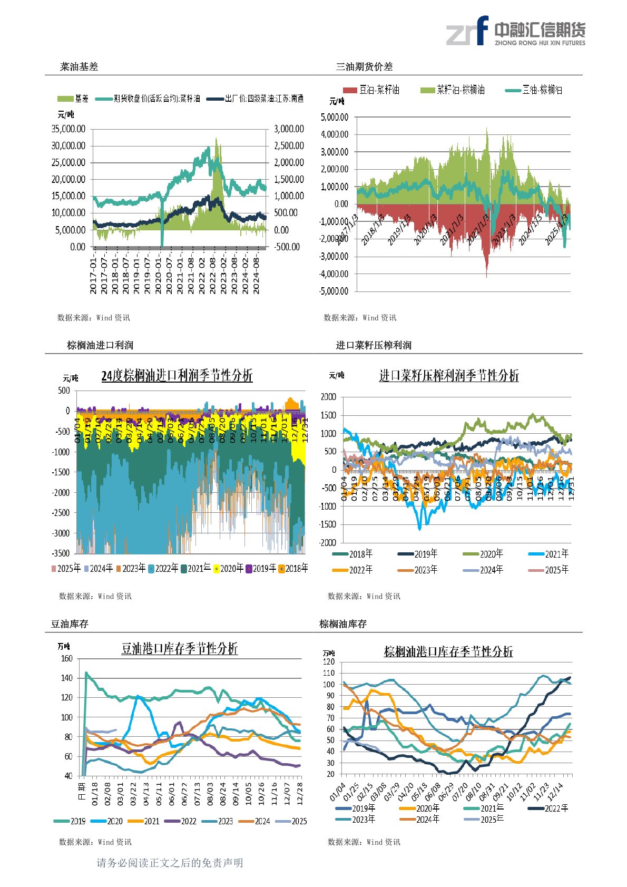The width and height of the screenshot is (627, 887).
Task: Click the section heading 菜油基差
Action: pyautogui.click(x=79, y=67)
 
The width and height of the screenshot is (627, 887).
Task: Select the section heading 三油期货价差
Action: pyautogui.click(x=364, y=67)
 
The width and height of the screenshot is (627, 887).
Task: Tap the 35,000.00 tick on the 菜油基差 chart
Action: pyautogui.click(x=68, y=129)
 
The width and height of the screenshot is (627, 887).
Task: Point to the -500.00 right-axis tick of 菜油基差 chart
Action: pyautogui.click(x=287, y=247)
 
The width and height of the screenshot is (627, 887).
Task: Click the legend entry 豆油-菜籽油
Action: pyautogui.click(x=371, y=90)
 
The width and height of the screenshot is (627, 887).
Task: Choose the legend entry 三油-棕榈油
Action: pyautogui.click(x=534, y=90)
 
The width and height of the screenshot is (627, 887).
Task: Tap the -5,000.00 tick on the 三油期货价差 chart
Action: pyautogui.click(x=335, y=291)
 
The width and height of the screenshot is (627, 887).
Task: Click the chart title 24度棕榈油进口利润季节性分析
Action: pyautogui.click(x=177, y=376)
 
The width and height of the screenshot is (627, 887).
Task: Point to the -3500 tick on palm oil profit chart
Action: pyautogui.click(x=61, y=553)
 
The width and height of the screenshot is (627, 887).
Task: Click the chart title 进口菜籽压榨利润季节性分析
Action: pyautogui.click(x=449, y=376)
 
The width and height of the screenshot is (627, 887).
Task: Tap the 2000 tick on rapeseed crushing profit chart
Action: pyautogui.click(x=328, y=397)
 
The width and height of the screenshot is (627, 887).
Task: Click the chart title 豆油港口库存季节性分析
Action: pyautogui.click(x=180, y=649)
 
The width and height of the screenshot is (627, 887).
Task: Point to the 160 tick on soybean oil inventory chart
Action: pyautogui.click(x=66, y=658)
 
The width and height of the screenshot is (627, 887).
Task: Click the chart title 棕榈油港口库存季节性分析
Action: pyautogui.click(x=448, y=652)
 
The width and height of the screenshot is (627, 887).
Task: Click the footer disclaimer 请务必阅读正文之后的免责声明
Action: pyautogui.click(x=170, y=863)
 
